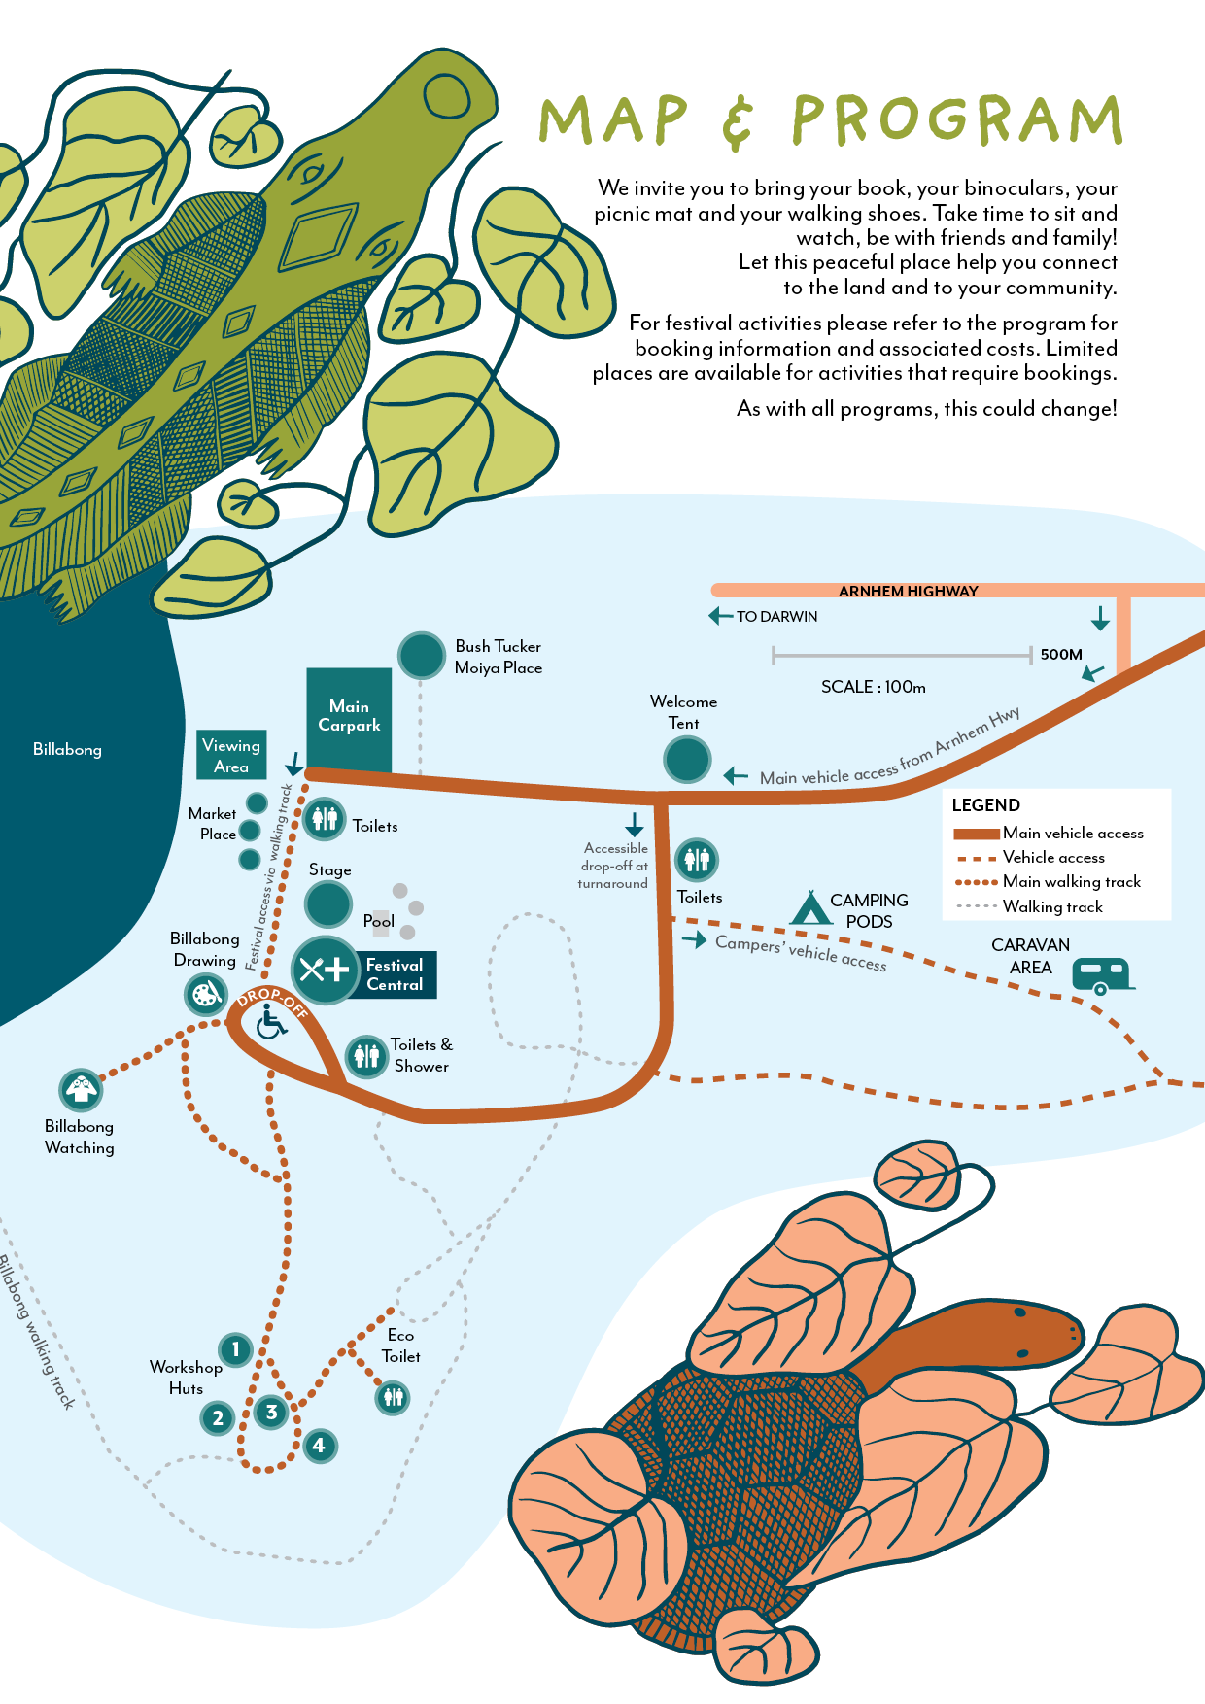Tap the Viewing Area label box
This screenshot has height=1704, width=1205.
click(x=231, y=756)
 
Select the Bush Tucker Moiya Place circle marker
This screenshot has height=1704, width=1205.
click(x=421, y=656)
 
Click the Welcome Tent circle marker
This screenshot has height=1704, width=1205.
click(x=687, y=760)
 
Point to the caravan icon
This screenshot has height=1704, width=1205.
click(x=1102, y=974)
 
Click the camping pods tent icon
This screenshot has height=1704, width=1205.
click(x=809, y=908)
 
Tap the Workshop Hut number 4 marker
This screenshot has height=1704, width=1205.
click(x=319, y=1446)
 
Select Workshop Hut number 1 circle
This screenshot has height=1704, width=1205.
click(x=235, y=1349)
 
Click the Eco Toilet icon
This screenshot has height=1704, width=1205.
click(x=393, y=1398)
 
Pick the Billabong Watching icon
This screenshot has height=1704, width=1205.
click(x=81, y=1090)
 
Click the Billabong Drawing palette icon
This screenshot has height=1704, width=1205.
click(x=206, y=995)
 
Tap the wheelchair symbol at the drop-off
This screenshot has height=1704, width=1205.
click(x=271, y=1022)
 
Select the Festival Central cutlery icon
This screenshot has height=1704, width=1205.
click(x=325, y=969)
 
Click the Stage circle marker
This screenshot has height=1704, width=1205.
click(x=328, y=904)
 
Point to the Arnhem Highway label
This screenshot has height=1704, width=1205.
click(x=908, y=591)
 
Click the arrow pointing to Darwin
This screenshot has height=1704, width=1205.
click(x=720, y=616)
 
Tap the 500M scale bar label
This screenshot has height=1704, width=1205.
click(x=1060, y=655)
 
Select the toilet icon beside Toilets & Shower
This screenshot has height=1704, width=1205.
click(x=366, y=1055)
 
